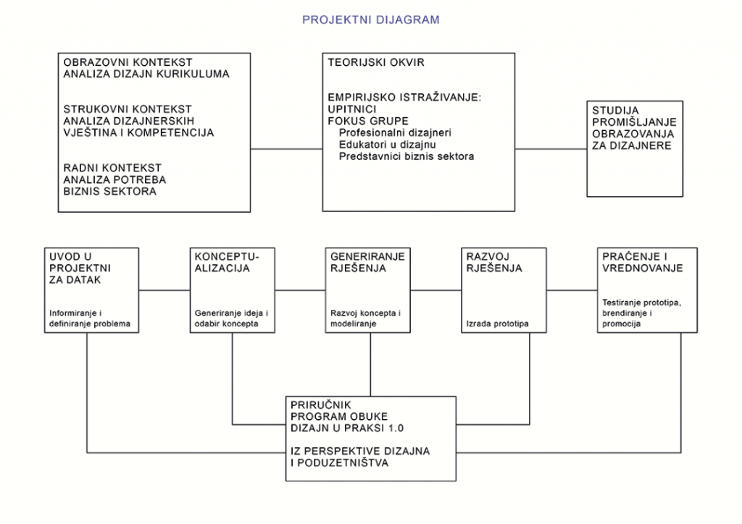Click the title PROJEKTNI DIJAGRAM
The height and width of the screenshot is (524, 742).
[370, 20]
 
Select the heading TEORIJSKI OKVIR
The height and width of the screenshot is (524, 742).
[376, 62]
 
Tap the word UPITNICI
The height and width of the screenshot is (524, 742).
[352, 109]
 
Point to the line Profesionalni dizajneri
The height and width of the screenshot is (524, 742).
[395, 132]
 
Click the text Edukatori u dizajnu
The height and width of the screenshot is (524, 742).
[388, 145]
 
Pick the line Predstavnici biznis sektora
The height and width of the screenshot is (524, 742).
[407, 156]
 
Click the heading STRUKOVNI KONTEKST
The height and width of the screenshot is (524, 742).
[128, 109]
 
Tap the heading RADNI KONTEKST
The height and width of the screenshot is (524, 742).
[112, 168]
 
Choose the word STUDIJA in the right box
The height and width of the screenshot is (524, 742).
[616, 111]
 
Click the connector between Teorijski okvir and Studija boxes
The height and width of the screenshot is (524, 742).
[551, 149]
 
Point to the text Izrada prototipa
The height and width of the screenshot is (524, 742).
[497, 324]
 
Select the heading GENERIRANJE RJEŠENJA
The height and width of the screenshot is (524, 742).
[367, 262]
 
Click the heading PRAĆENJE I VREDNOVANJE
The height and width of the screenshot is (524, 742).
[643, 262]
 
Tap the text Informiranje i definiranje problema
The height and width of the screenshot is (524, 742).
[89, 318]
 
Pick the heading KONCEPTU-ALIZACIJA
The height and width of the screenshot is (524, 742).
[227, 262]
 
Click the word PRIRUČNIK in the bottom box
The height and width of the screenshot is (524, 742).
[321, 405]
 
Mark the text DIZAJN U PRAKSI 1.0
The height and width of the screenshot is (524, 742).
[347, 428]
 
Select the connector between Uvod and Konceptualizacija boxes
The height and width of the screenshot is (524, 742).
[164, 290]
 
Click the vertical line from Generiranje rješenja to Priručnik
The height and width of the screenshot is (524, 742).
[370, 365]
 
